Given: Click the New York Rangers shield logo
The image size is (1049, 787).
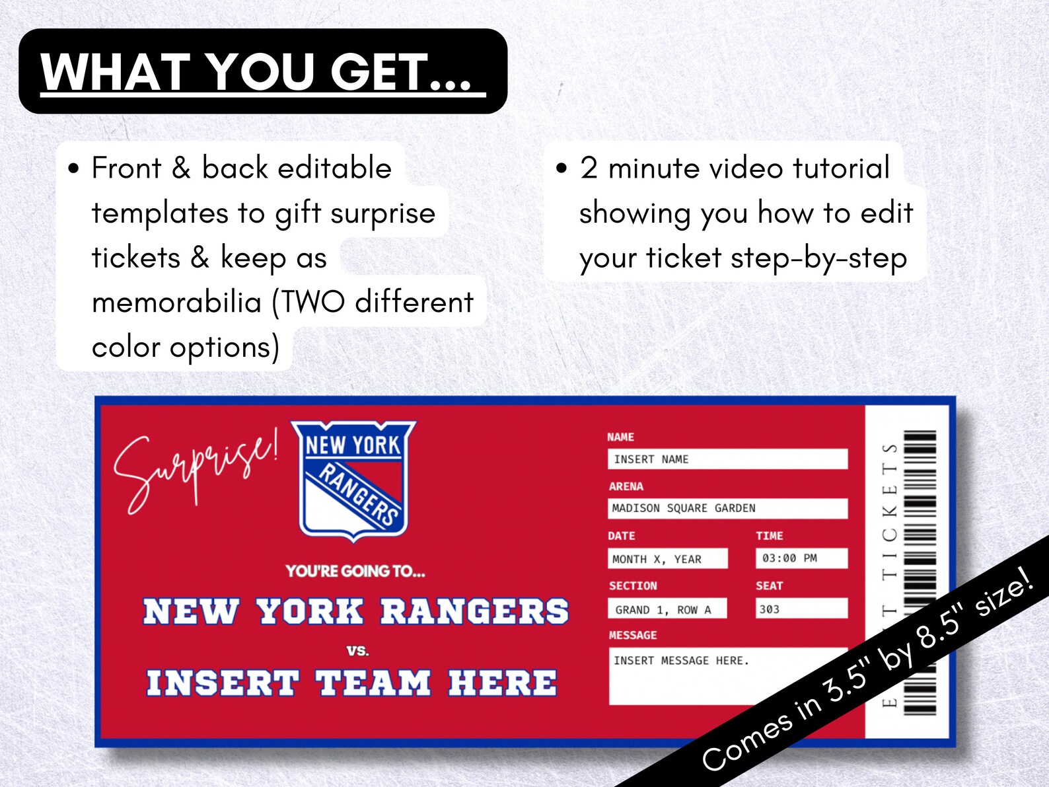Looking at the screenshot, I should point(353,479).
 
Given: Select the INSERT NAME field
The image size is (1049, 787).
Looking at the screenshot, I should point(727,459).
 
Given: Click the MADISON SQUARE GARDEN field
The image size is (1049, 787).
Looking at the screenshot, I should point(727,508).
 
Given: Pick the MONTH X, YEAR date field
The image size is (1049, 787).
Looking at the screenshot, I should point(667,559).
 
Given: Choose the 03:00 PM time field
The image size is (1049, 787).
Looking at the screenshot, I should point(801,558).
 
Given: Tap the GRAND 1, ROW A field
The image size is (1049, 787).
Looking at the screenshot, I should point(667,609).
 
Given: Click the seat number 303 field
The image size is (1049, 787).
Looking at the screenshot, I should point(801,609).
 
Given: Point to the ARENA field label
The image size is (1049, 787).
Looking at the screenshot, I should point(626,486).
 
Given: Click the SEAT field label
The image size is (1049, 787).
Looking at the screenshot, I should point(770,585).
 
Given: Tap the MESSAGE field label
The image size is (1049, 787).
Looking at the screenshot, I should point(633,635).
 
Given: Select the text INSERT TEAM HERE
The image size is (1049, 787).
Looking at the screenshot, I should point(351,683).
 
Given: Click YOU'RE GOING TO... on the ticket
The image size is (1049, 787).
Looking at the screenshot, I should point(355,571).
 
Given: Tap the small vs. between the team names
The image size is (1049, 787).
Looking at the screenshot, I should point(357,651).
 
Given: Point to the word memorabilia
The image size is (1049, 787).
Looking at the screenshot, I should point(176,303).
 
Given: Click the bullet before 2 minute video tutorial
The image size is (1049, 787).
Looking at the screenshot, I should point(561,169).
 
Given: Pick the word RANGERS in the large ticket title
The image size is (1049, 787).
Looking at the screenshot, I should point(474,611).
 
